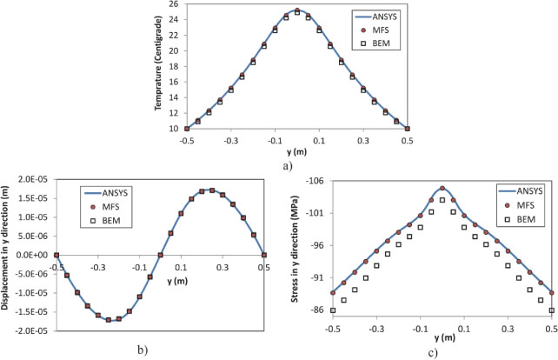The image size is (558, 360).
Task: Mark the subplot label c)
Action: tap(442, 350)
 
